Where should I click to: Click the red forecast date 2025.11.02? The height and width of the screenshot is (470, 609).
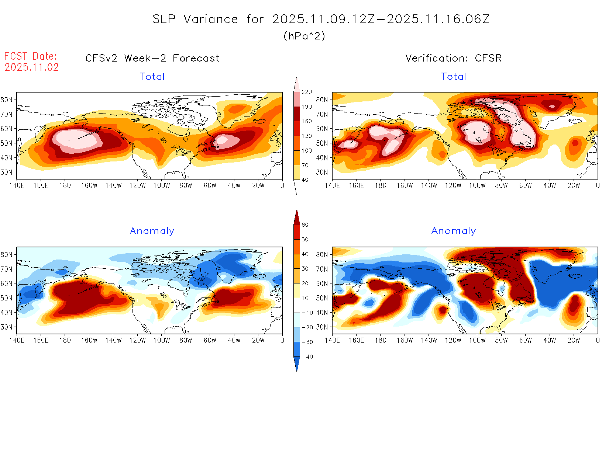(x=32, y=67)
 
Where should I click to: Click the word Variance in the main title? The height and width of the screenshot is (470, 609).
(x=211, y=19)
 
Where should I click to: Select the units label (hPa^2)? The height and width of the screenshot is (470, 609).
(x=304, y=36)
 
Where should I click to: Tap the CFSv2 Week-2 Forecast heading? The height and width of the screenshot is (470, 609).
(x=152, y=58)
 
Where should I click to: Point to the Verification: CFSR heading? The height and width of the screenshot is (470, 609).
(x=453, y=58)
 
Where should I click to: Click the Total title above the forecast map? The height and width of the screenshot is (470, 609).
(x=152, y=77)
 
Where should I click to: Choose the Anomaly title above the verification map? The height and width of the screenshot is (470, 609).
(x=453, y=231)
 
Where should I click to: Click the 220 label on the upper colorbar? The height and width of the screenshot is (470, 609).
(x=307, y=92)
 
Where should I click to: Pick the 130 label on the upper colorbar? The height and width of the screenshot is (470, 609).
(x=307, y=136)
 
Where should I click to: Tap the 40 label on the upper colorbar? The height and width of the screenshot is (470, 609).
(x=305, y=180)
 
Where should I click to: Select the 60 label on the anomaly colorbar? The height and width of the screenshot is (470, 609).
(x=305, y=225)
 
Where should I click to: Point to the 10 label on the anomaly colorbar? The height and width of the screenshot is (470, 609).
(x=305, y=298)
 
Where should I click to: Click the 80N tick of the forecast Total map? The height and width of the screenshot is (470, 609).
(x=7, y=100)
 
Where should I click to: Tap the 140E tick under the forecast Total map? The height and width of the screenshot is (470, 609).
(x=17, y=186)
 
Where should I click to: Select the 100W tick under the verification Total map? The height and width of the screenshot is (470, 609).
(x=477, y=186)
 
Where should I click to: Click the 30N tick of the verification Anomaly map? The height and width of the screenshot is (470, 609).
(x=322, y=327)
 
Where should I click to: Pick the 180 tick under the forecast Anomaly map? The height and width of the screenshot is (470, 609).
(x=65, y=341)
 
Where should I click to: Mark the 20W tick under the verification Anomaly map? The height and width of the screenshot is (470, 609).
(x=574, y=341)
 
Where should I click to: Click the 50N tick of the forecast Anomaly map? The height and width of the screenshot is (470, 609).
(x=7, y=298)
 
